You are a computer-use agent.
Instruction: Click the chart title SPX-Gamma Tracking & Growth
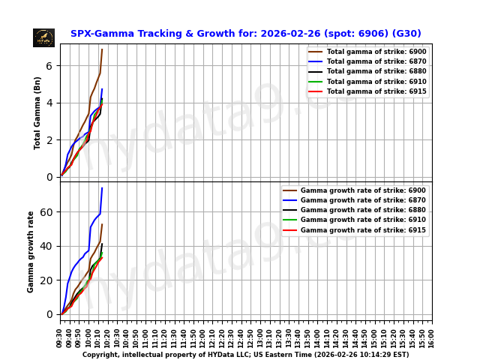click(x=245, y=34)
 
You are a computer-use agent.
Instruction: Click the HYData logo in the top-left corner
click(x=43, y=37)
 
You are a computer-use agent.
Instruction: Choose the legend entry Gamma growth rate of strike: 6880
click(x=363, y=210)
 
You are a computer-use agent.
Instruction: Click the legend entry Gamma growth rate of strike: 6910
click(x=363, y=220)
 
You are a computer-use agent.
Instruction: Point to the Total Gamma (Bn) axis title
click(x=37, y=112)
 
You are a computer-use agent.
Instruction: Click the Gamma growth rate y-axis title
click(x=31, y=251)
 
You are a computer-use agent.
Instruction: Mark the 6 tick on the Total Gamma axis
click(x=49, y=66)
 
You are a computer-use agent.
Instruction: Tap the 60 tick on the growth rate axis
click(x=46, y=212)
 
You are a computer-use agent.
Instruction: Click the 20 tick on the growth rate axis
click(x=46, y=280)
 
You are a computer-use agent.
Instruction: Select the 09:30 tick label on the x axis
click(x=60, y=337)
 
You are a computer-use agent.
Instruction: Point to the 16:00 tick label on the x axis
click(x=432, y=337)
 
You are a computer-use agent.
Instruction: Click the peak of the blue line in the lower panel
click(x=102, y=187)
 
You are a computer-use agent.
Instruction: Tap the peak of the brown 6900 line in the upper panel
click(x=102, y=49)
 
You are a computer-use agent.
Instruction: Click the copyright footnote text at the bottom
click(x=245, y=355)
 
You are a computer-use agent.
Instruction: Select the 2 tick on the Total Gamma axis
click(x=49, y=140)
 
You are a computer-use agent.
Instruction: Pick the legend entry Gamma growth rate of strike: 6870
click(x=363, y=200)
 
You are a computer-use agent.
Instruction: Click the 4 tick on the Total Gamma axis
click(x=49, y=103)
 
